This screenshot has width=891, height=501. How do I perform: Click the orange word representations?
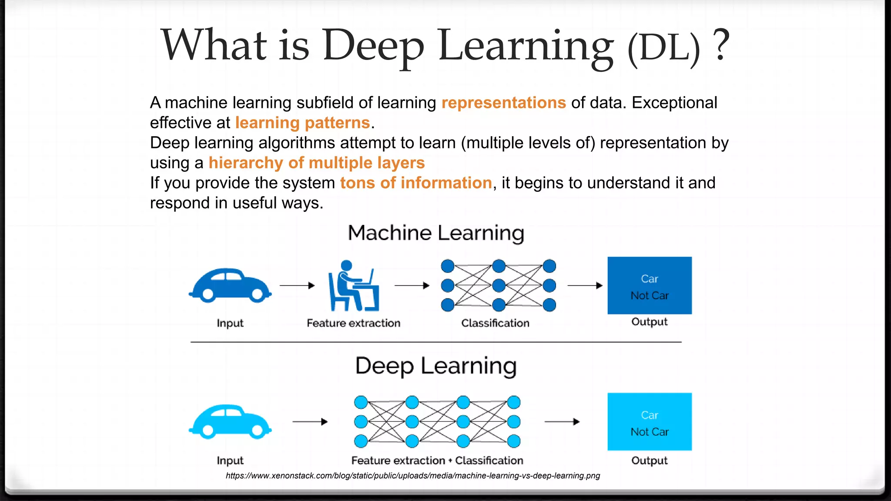[x=503, y=103]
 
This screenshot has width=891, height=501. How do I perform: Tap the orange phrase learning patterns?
[x=302, y=123]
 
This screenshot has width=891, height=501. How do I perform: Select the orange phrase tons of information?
[x=415, y=183]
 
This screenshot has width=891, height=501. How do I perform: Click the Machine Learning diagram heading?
[x=436, y=233]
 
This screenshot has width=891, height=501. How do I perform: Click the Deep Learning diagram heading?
[x=436, y=366]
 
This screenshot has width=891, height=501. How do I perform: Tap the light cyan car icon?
[x=230, y=421]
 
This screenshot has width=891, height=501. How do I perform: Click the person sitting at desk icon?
[x=353, y=286]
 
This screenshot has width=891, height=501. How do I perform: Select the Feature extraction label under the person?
[x=353, y=323]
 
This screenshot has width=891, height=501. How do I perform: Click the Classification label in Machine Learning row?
[x=495, y=323]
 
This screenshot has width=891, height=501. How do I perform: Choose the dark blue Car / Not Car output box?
[x=650, y=285]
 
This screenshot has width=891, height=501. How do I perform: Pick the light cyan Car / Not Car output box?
[x=650, y=421]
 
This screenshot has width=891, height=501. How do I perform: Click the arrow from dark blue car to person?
[x=297, y=285]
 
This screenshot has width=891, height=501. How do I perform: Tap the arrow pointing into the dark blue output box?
[x=585, y=285]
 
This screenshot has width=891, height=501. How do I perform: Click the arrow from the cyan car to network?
[x=310, y=421]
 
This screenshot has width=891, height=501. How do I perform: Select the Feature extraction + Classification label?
[x=437, y=461]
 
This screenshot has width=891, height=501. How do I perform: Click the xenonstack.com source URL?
[x=412, y=476]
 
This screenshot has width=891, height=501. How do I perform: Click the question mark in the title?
[x=721, y=45]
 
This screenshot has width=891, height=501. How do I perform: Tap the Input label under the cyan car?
[x=230, y=461]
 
